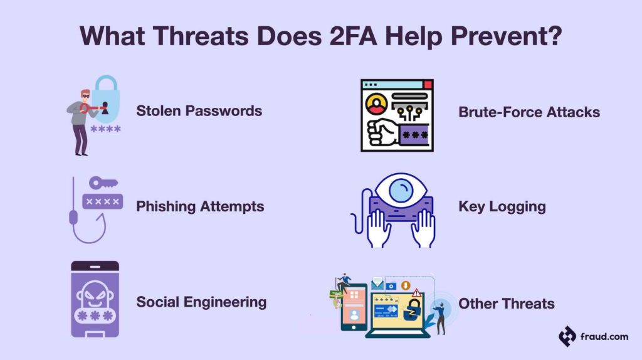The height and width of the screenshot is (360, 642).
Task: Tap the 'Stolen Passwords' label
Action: pos(199,111)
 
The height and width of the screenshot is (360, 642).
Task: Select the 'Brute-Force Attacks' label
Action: pos(529,112)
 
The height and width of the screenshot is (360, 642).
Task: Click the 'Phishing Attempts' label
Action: pos(200,206)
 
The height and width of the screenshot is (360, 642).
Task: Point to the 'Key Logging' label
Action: pos(502,206)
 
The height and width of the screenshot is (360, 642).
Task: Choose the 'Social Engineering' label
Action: pos(201,302)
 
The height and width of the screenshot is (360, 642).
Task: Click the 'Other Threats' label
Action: pos(506,304)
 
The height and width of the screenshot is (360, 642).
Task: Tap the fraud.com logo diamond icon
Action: pos(567,336)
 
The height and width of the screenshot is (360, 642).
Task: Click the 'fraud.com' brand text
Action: pos(603,337)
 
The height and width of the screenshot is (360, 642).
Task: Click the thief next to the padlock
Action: pos(80,123)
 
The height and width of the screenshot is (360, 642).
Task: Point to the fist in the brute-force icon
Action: pos(382,134)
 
